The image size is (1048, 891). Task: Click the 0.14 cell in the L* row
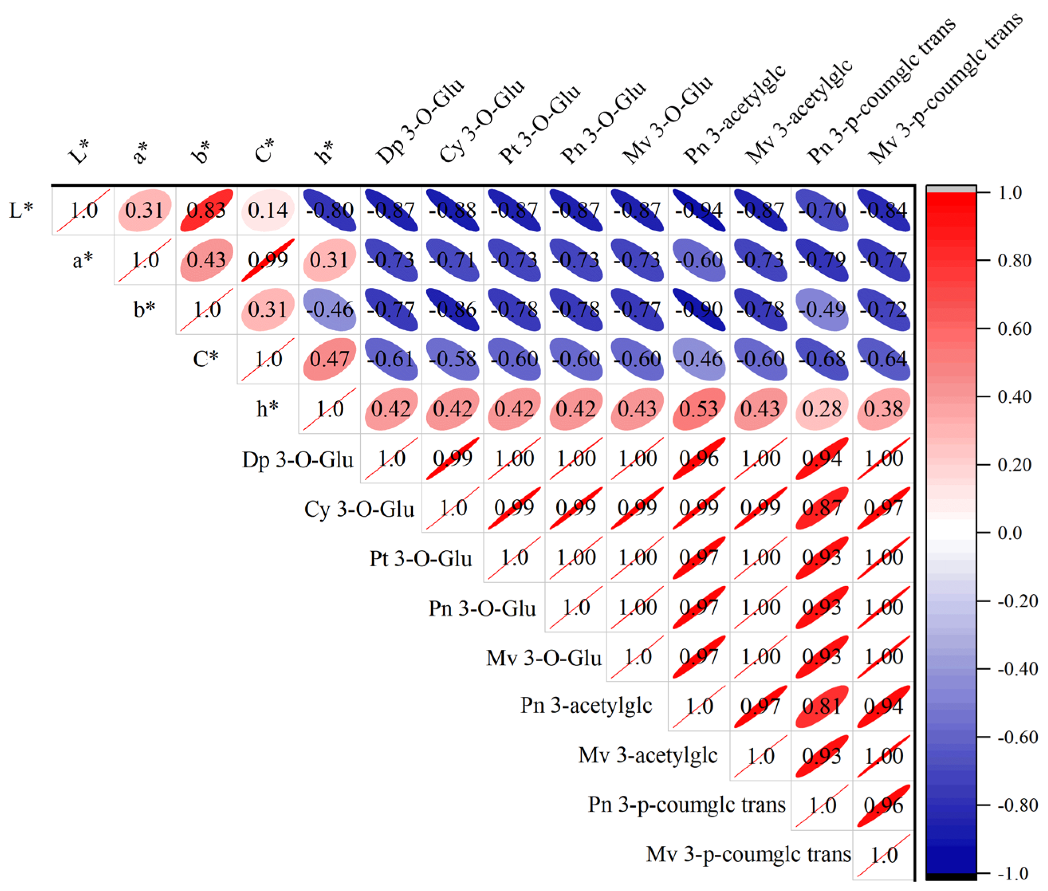268,210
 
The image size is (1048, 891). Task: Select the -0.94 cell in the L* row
699,210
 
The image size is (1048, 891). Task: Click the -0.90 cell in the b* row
699,309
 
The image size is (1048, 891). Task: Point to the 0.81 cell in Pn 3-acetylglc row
822,706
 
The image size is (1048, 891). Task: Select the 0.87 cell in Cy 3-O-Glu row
822,508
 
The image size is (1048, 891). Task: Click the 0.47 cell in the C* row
329,359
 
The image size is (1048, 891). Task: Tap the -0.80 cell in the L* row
329,210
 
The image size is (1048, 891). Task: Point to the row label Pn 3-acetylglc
586,706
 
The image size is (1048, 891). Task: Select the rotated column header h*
324,152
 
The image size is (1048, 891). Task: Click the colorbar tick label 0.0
1010,533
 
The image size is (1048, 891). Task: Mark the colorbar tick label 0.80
1014,260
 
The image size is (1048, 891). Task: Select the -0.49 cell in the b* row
822,309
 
